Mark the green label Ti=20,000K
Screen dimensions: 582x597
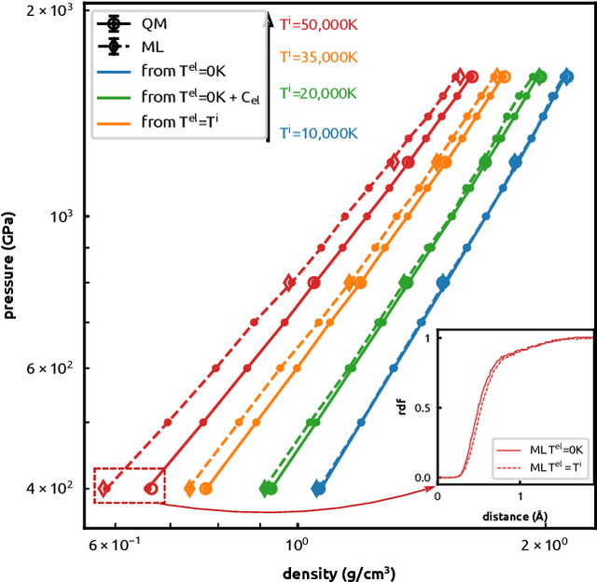(319, 92)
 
